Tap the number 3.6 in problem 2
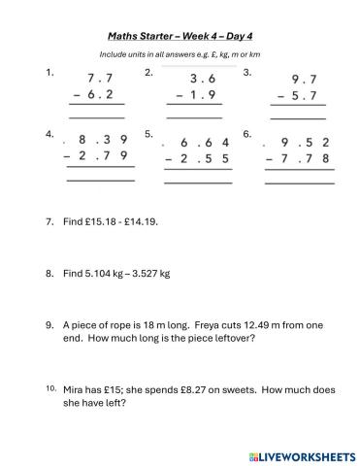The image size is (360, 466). point(201,79)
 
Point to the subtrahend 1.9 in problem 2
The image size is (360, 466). point(201,95)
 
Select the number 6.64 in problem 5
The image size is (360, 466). point(203,140)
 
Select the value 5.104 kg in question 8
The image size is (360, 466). point(107,274)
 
